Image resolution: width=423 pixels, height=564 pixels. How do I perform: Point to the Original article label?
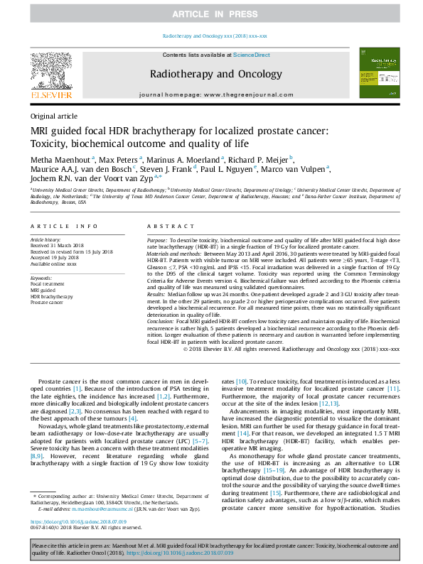[54, 116]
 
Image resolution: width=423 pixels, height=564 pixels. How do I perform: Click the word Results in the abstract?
[158, 293]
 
